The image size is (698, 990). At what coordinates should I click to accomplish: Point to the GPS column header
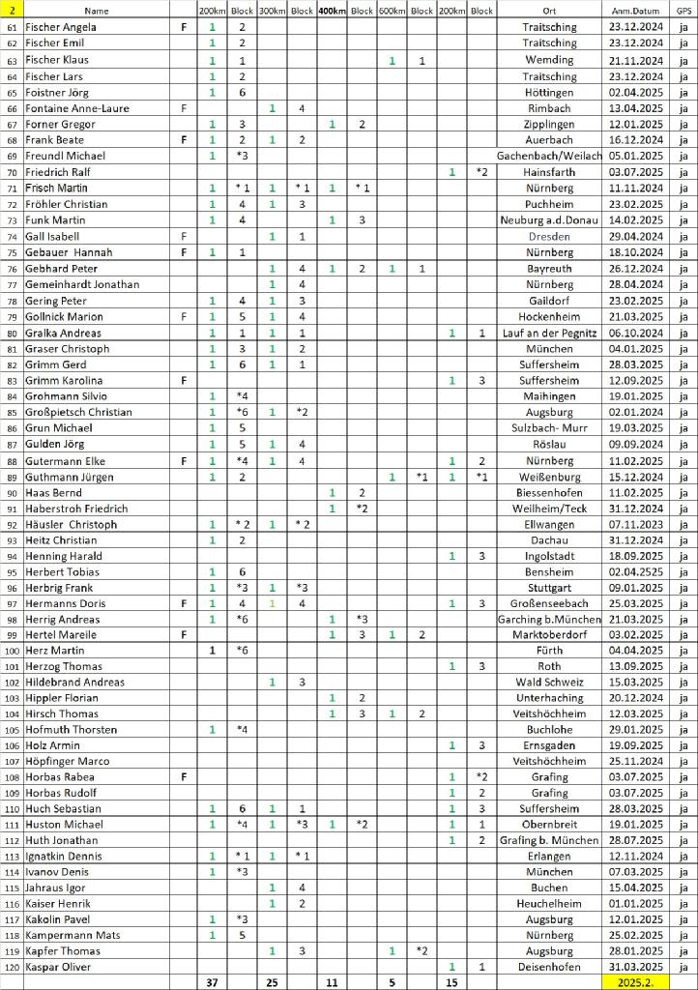click(683, 10)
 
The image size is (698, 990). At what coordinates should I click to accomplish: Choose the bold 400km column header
click(332, 10)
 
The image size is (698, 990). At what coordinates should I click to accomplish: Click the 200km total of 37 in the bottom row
click(212, 982)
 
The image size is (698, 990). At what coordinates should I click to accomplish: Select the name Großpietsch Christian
click(78, 412)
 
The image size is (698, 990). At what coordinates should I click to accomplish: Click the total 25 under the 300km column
click(272, 982)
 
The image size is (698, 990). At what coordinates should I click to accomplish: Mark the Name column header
click(97, 10)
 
